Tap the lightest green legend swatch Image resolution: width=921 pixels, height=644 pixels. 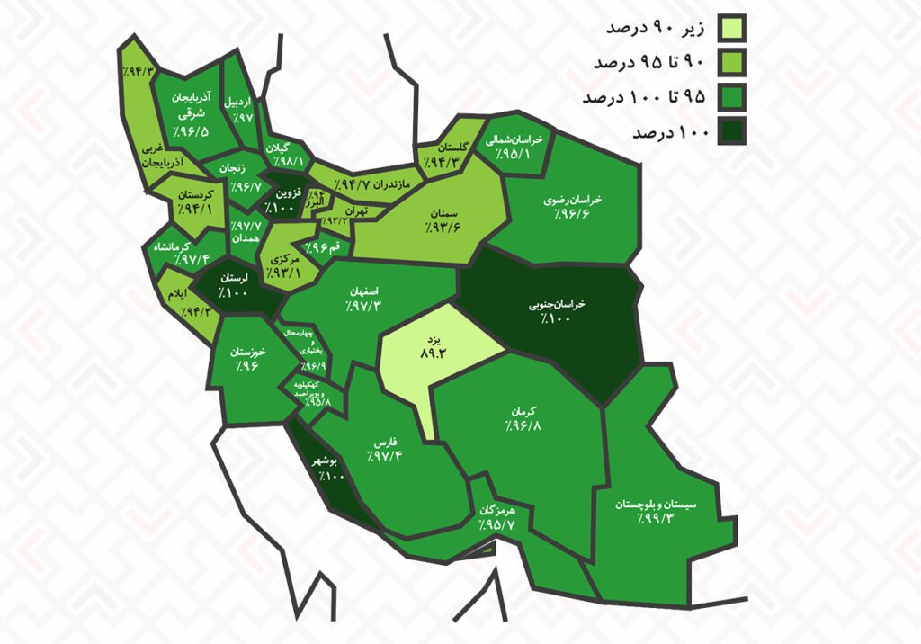(731, 29)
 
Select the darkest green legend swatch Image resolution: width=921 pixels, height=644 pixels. (731, 132)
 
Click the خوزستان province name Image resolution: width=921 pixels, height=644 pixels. (245, 352)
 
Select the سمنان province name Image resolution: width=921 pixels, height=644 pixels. (444, 213)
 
